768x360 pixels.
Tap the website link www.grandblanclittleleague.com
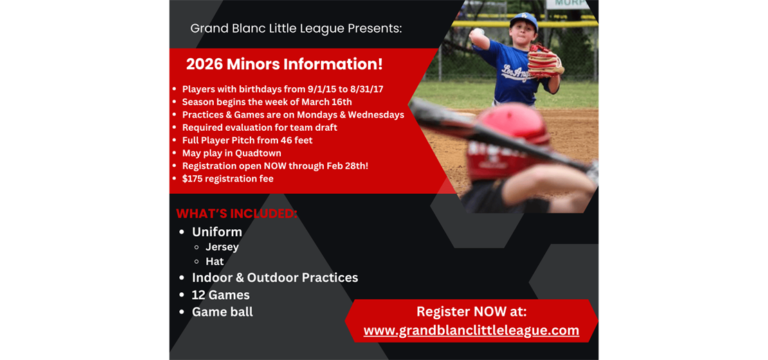[x=471, y=330]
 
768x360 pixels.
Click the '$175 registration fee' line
[x=228, y=179]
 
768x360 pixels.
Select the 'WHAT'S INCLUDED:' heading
[x=237, y=213]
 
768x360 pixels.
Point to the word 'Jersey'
[x=222, y=247]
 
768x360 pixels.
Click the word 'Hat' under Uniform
[x=214, y=262]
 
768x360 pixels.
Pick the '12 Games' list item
[x=221, y=295]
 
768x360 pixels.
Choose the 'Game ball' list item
[x=222, y=312]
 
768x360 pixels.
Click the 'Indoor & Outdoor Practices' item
[x=275, y=278]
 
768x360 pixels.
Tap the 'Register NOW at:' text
[x=471, y=312]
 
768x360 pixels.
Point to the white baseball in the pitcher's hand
[x=477, y=33]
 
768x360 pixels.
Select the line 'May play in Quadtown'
[x=231, y=153]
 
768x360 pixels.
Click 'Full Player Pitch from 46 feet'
[x=247, y=141]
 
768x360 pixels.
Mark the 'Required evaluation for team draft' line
[x=259, y=127]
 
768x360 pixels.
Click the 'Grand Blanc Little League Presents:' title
[x=296, y=28]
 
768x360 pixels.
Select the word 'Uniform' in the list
[x=217, y=232]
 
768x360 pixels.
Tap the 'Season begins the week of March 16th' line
[x=267, y=102]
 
